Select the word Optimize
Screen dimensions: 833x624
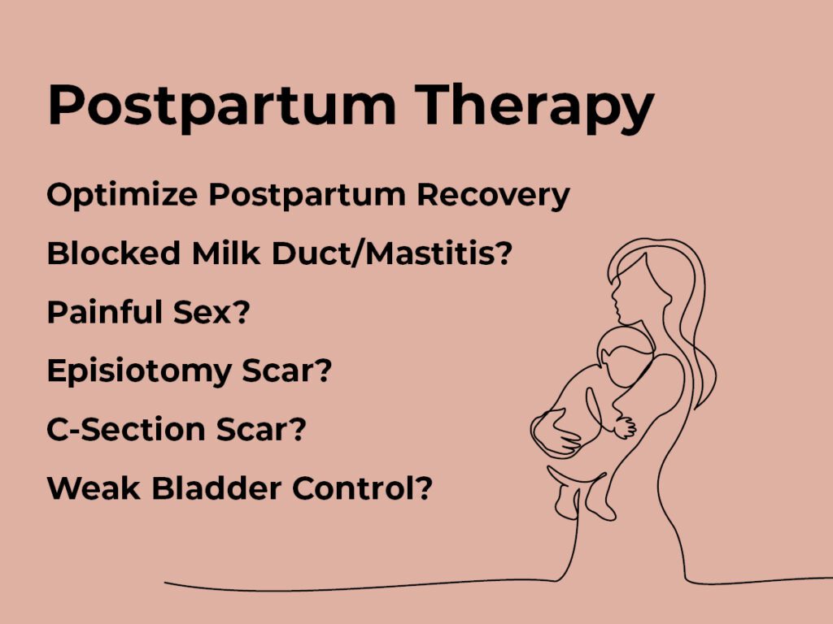point(122,195)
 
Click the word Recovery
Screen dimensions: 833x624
point(493,196)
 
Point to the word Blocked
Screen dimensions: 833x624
point(114,253)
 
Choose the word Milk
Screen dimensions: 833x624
point(226,253)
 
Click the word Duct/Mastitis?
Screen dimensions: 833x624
point(392,253)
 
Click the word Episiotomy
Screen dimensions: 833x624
point(139,370)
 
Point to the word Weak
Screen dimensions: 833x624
point(94,487)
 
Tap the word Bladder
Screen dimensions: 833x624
point(216,487)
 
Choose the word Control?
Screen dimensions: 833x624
point(362,487)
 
